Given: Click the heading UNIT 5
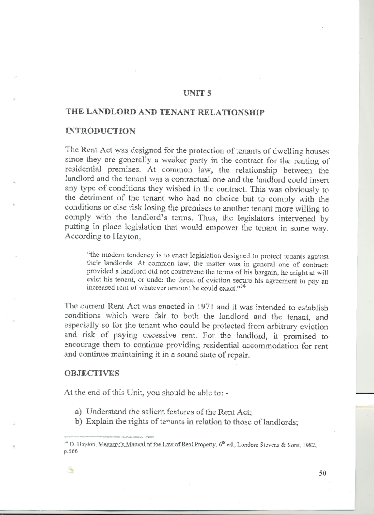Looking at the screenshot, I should [197, 93].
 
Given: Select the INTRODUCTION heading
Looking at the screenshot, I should [100, 131].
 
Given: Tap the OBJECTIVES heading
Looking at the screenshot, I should [92, 373].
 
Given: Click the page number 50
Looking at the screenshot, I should [323, 474].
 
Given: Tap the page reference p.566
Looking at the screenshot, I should [70, 452].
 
